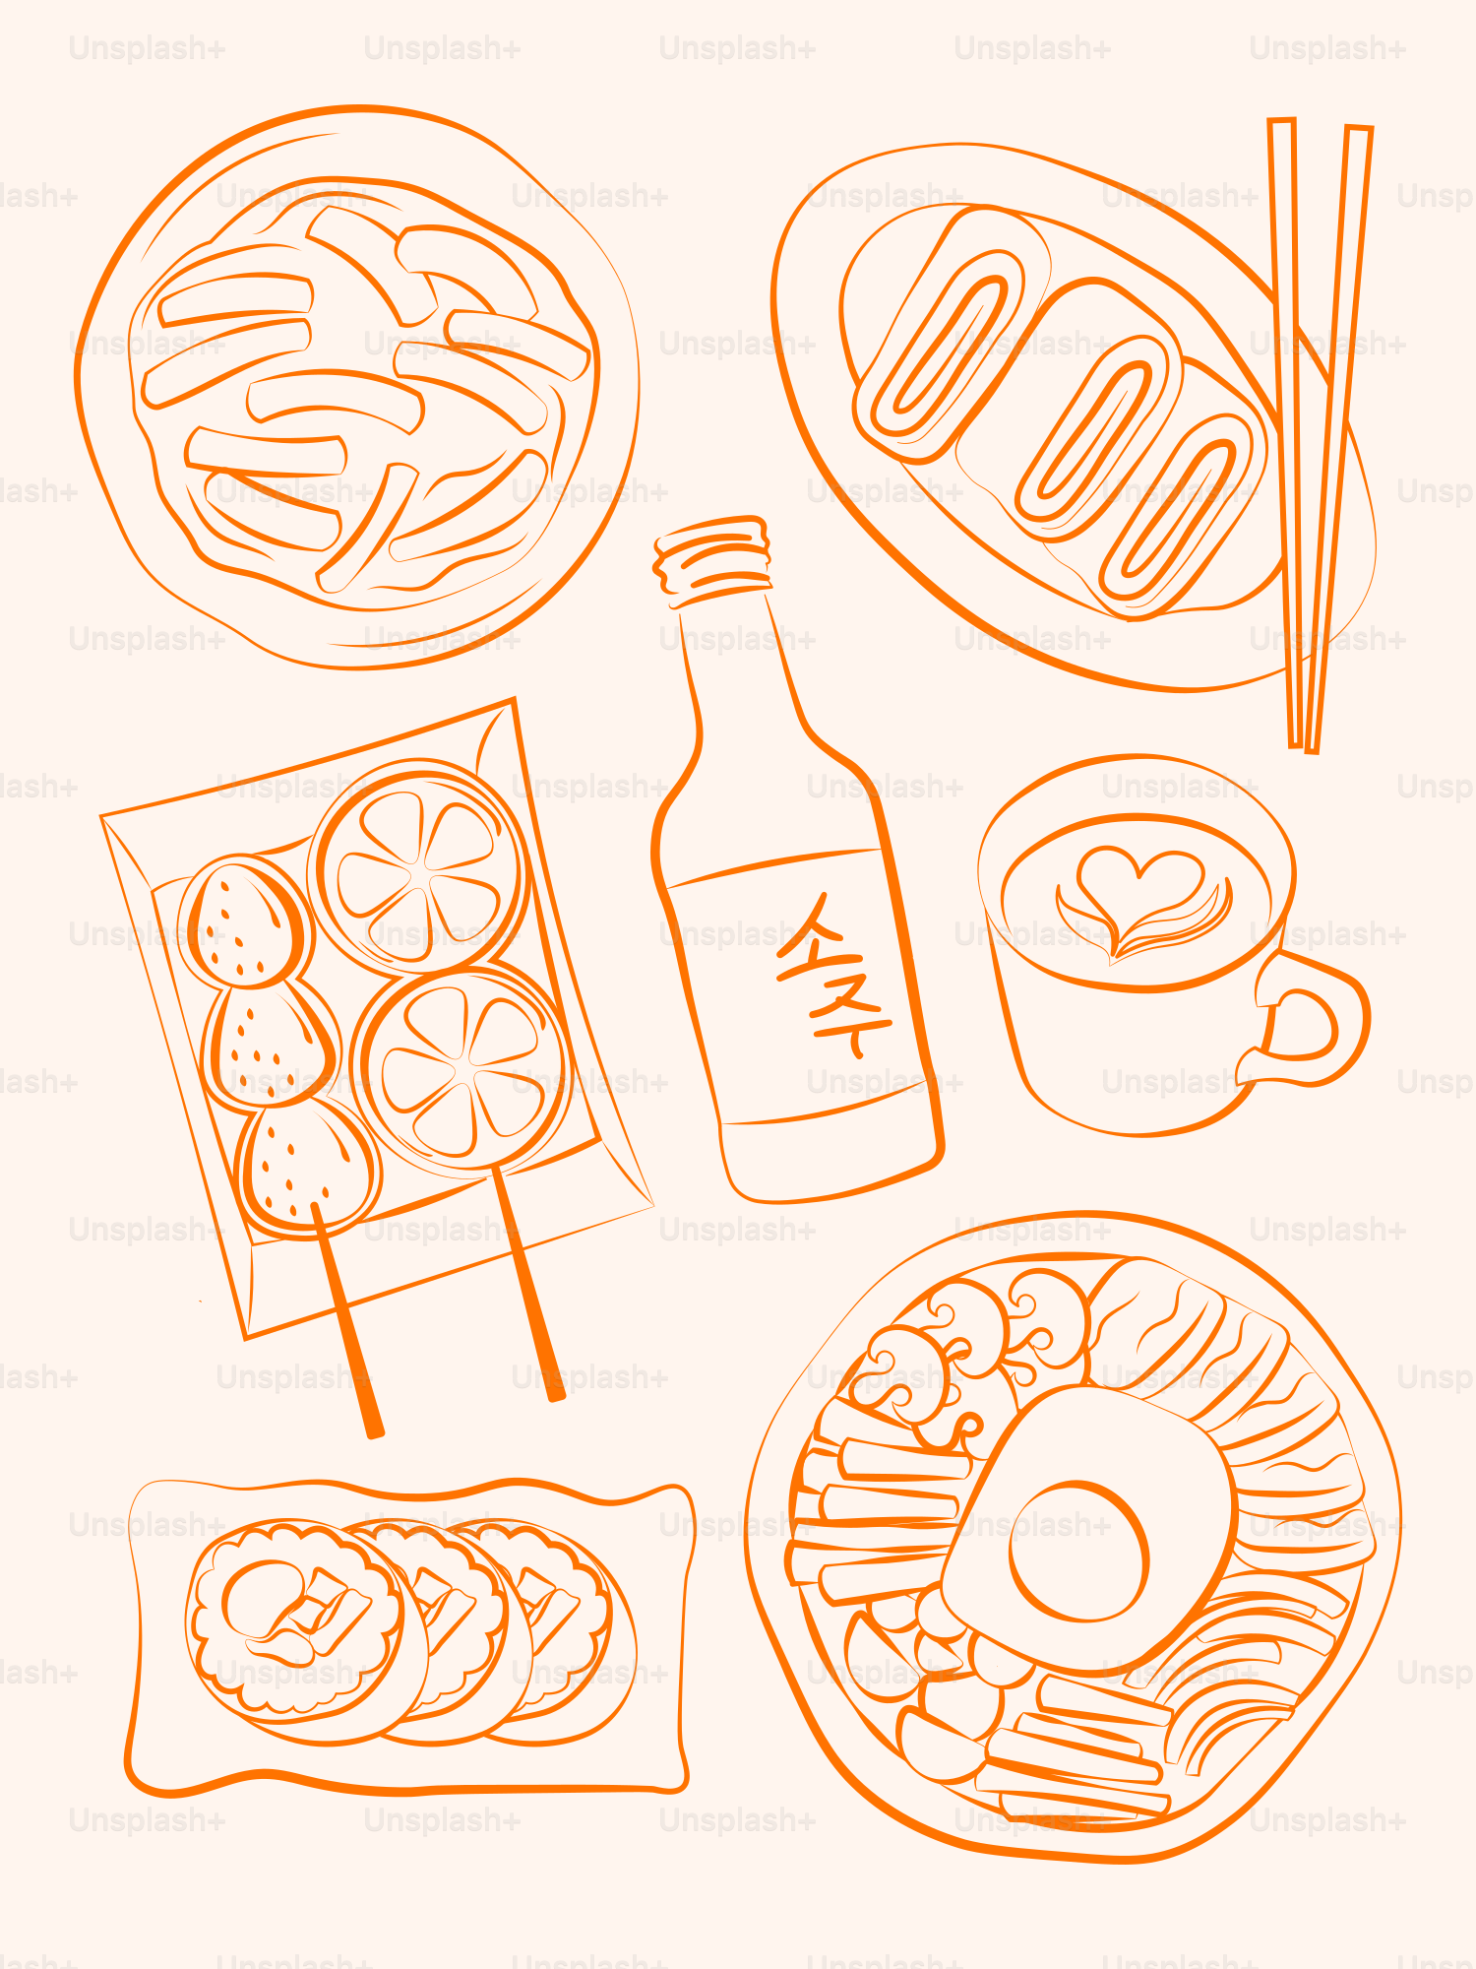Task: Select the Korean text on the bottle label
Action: point(831,975)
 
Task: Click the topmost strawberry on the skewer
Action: point(246,921)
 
